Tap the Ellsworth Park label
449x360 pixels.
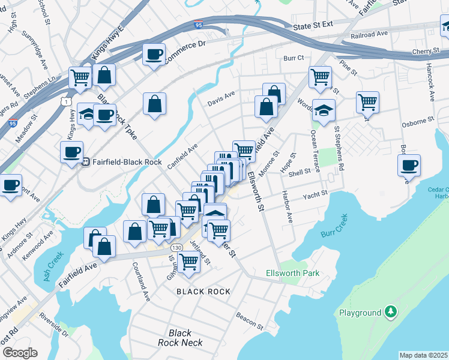pyautogui.click(x=292, y=274)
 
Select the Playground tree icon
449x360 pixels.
pyautogui.click(x=391, y=311)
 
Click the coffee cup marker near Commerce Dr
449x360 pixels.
pyautogui.click(x=154, y=55)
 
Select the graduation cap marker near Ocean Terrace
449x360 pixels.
pyautogui.click(x=324, y=110)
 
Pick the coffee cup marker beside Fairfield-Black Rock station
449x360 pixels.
pyautogui.click(x=71, y=151)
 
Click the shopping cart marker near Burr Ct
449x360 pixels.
pyautogui.click(x=320, y=76)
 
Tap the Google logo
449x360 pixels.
pyautogui.click(x=19, y=353)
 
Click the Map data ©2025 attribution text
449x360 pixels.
pyautogui.click(x=423, y=355)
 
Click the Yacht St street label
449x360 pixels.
pyautogui.click(x=315, y=194)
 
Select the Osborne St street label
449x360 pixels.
pyautogui.click(x=418, y=122)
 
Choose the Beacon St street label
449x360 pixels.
pyautogui.click(x=250, y=321)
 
